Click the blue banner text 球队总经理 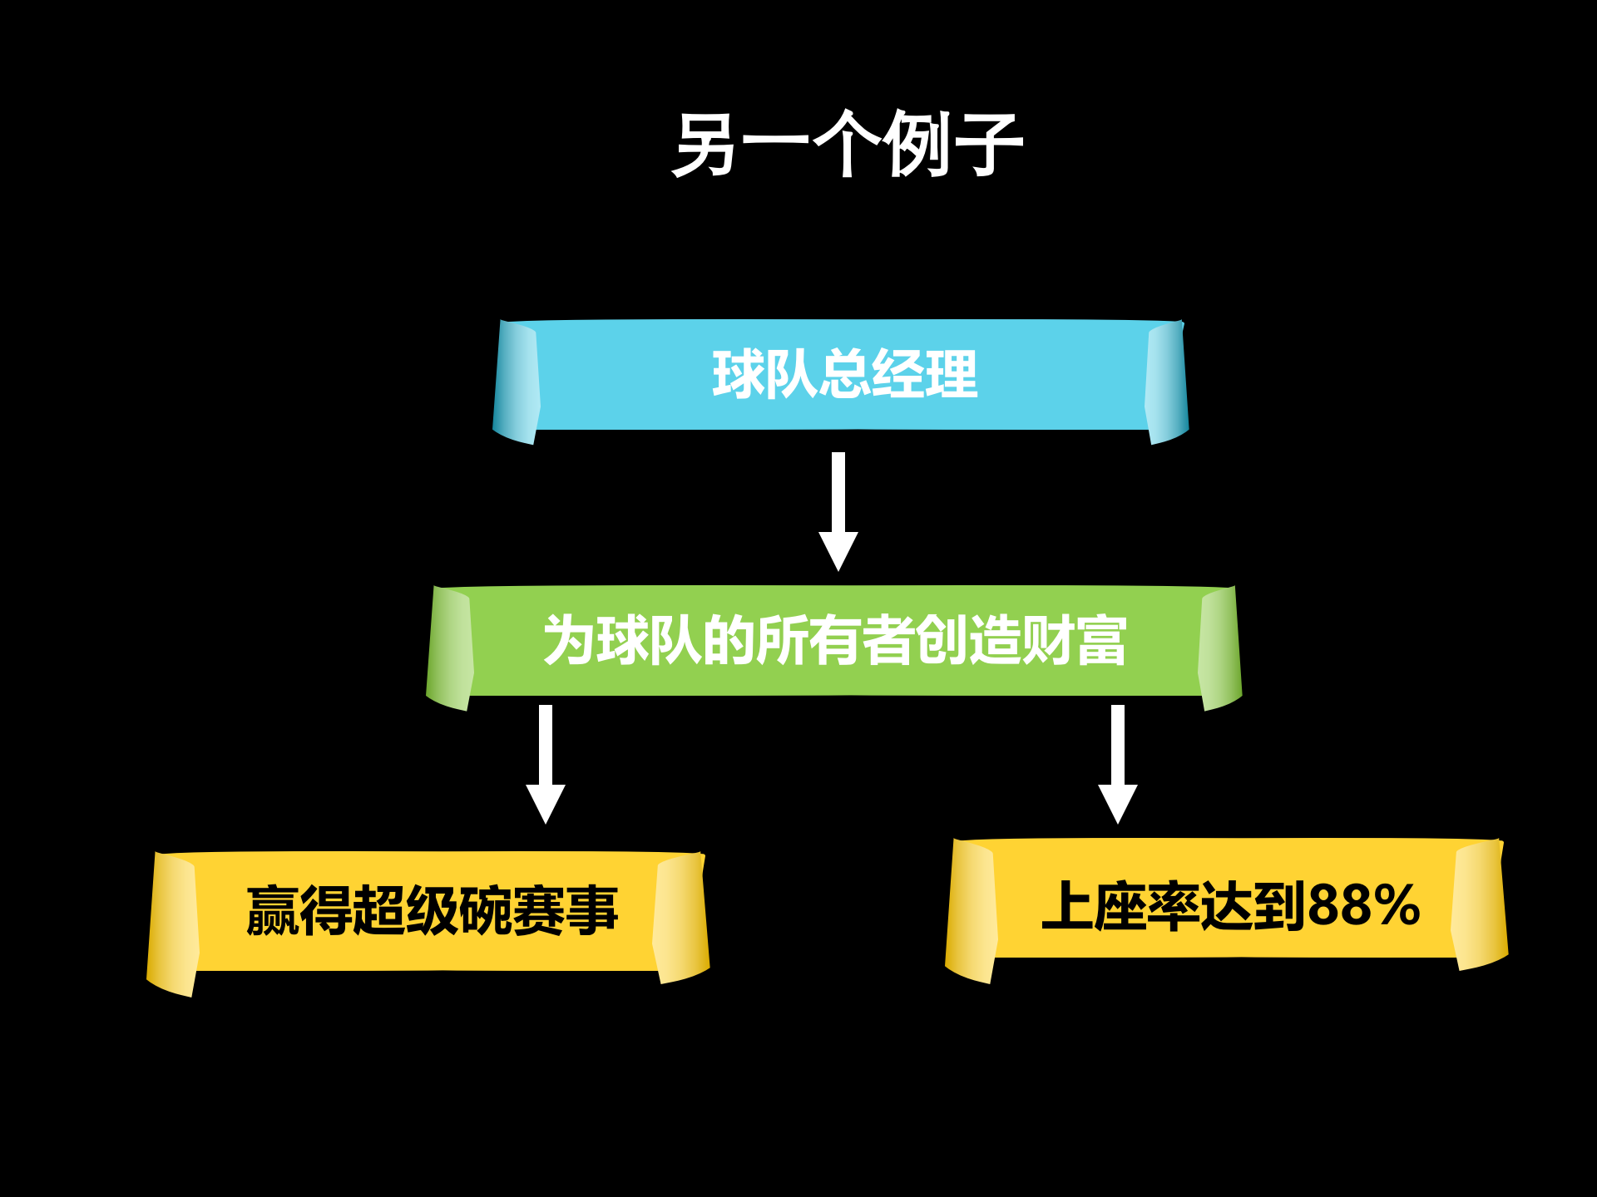coord(844,375)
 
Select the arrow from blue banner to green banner coord(838,510)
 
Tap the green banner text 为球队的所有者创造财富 coord(834,641)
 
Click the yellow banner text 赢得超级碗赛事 coord(432,911)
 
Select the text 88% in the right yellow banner coord(1364,905)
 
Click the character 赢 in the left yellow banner coord(273,911)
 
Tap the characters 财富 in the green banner coord(1074,641)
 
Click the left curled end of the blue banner coord(517,382)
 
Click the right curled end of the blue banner coord(1166,382)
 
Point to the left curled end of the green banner coord(450,648)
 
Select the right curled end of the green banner coord(1219,648)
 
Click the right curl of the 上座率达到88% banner coord(1480,906)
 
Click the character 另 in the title coord(705,145)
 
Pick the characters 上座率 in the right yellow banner coord(1120,905)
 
